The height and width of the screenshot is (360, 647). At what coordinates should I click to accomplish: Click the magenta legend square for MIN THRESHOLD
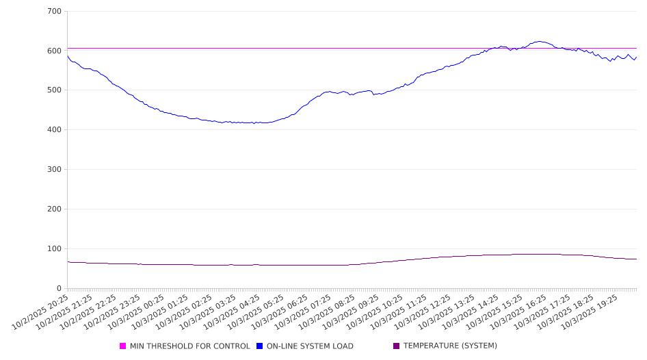[123, 346]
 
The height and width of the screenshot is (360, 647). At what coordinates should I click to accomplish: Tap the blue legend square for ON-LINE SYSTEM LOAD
[260, 346]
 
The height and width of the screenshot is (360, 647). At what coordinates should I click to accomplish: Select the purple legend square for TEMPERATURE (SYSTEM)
[396, 346]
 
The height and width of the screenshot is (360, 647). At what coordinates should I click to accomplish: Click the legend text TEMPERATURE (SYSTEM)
[450, 346]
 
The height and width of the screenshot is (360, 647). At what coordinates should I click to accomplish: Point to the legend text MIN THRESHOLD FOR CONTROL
[190, 346]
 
